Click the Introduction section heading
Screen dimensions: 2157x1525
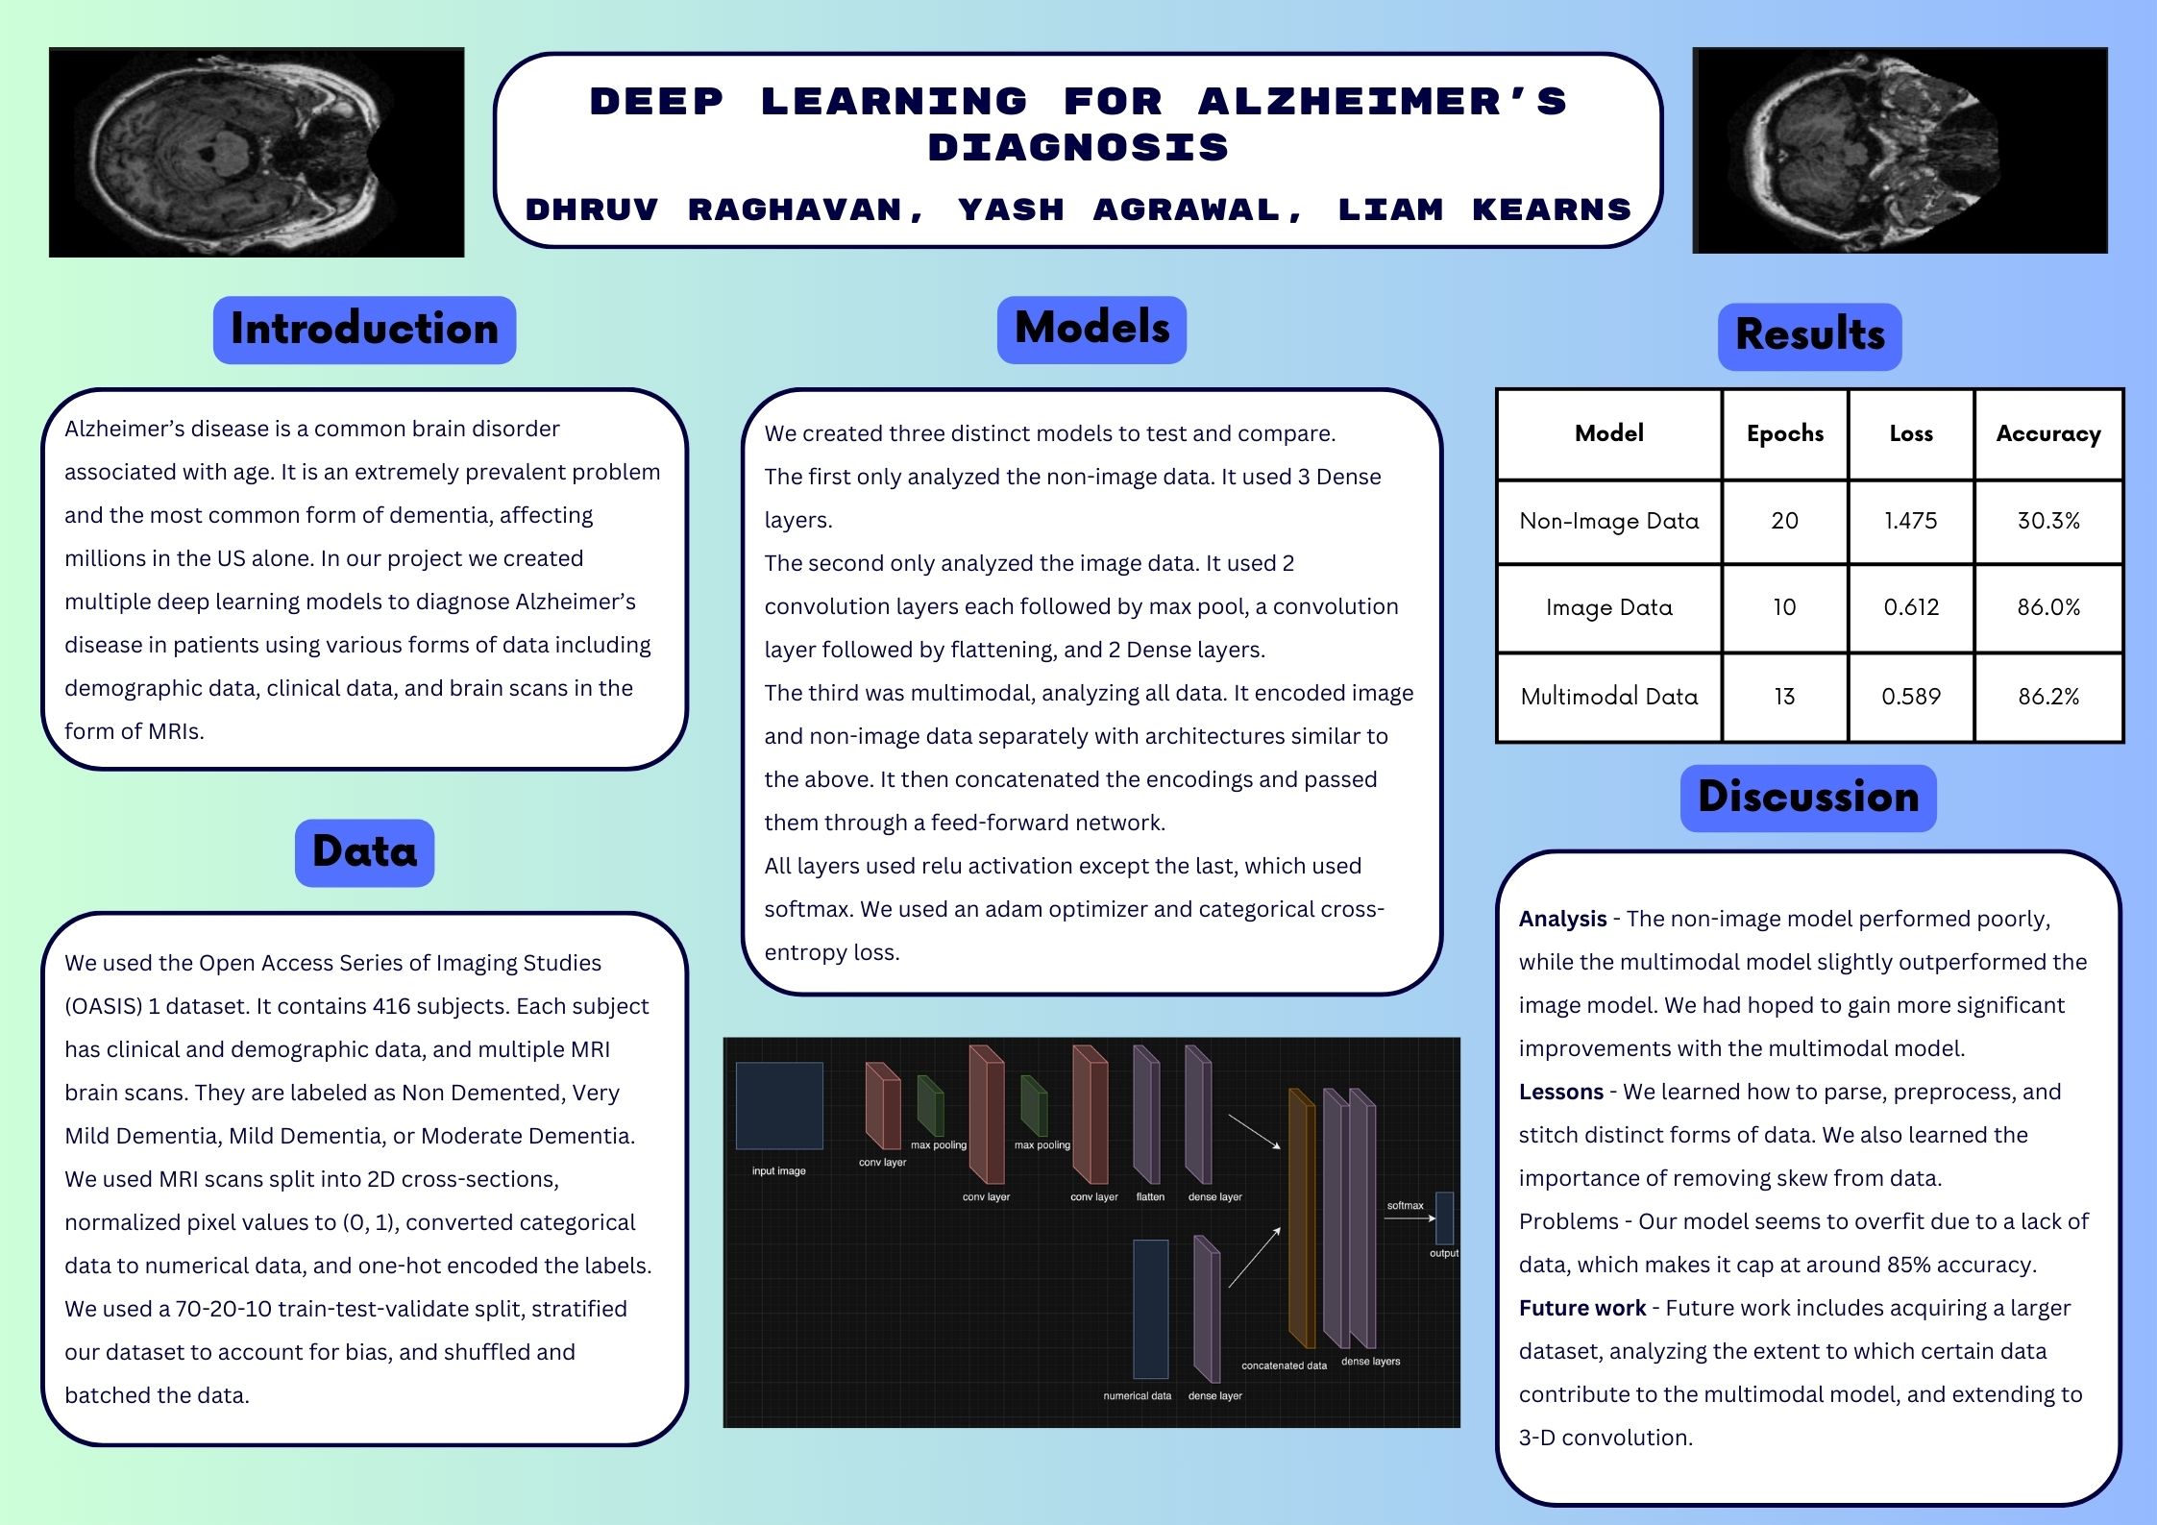(364, 330)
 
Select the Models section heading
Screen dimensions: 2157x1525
(1091, 329)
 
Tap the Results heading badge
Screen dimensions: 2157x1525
(1809, 335)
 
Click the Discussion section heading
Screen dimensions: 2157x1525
(1807, 798)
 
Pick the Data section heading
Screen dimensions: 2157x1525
(364, 852)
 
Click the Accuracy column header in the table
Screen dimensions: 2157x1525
(2047, 433)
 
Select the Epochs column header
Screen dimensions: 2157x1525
(1784, 433)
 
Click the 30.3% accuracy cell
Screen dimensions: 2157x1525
(2047, 521)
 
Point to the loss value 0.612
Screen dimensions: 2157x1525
(1910, 607)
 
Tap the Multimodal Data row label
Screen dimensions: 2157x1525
(1608, 697)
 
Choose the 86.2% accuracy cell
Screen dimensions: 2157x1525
(2047, 697)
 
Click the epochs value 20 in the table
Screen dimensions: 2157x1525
(1784, 521)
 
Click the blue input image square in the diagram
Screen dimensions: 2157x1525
(779, 1105)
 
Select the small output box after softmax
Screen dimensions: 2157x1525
(1444, 1218)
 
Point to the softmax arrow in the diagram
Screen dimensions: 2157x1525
(1409, 1218)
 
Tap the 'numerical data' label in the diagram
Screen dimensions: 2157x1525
(1137, 1395)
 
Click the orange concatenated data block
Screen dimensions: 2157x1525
(1300, 1218)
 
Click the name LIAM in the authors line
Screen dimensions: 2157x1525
(1390, 209)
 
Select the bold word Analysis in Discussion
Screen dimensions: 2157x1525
(1562, 920)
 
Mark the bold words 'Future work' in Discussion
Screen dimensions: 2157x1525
(1582, 1309)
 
